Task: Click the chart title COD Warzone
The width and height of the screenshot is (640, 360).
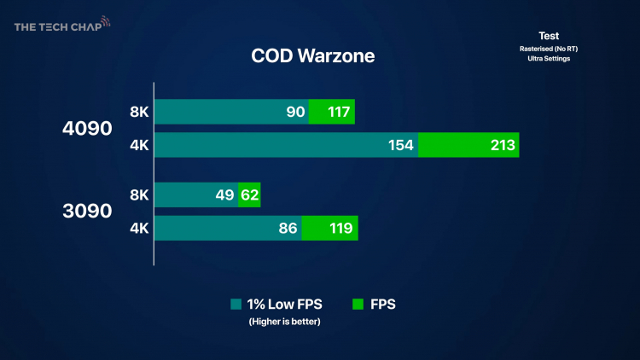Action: pos(312,56)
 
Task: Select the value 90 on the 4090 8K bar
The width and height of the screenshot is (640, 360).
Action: pos(296,111)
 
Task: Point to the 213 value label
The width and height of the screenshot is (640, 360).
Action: pos(503,145)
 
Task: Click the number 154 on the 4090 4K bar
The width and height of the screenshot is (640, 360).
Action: pos(401,145)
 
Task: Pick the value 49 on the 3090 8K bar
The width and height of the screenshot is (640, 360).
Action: pos(224,195)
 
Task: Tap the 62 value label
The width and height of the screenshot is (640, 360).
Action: pos(249,195)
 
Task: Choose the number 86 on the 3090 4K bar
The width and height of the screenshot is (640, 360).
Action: pos(288,229)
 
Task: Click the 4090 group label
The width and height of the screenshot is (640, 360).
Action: pos(87,129)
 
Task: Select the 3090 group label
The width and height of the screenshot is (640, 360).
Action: pos(87,211)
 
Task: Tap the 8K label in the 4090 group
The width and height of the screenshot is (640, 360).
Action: pos(139,112)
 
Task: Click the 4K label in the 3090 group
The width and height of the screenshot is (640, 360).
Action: pos(139,229)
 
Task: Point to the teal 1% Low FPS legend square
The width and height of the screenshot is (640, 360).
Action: pos(236,304)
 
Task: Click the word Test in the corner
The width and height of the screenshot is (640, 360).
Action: pos(549,36)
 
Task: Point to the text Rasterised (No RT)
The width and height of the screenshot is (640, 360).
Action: pos(549,48)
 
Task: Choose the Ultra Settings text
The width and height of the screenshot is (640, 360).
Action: pos(549,58)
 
